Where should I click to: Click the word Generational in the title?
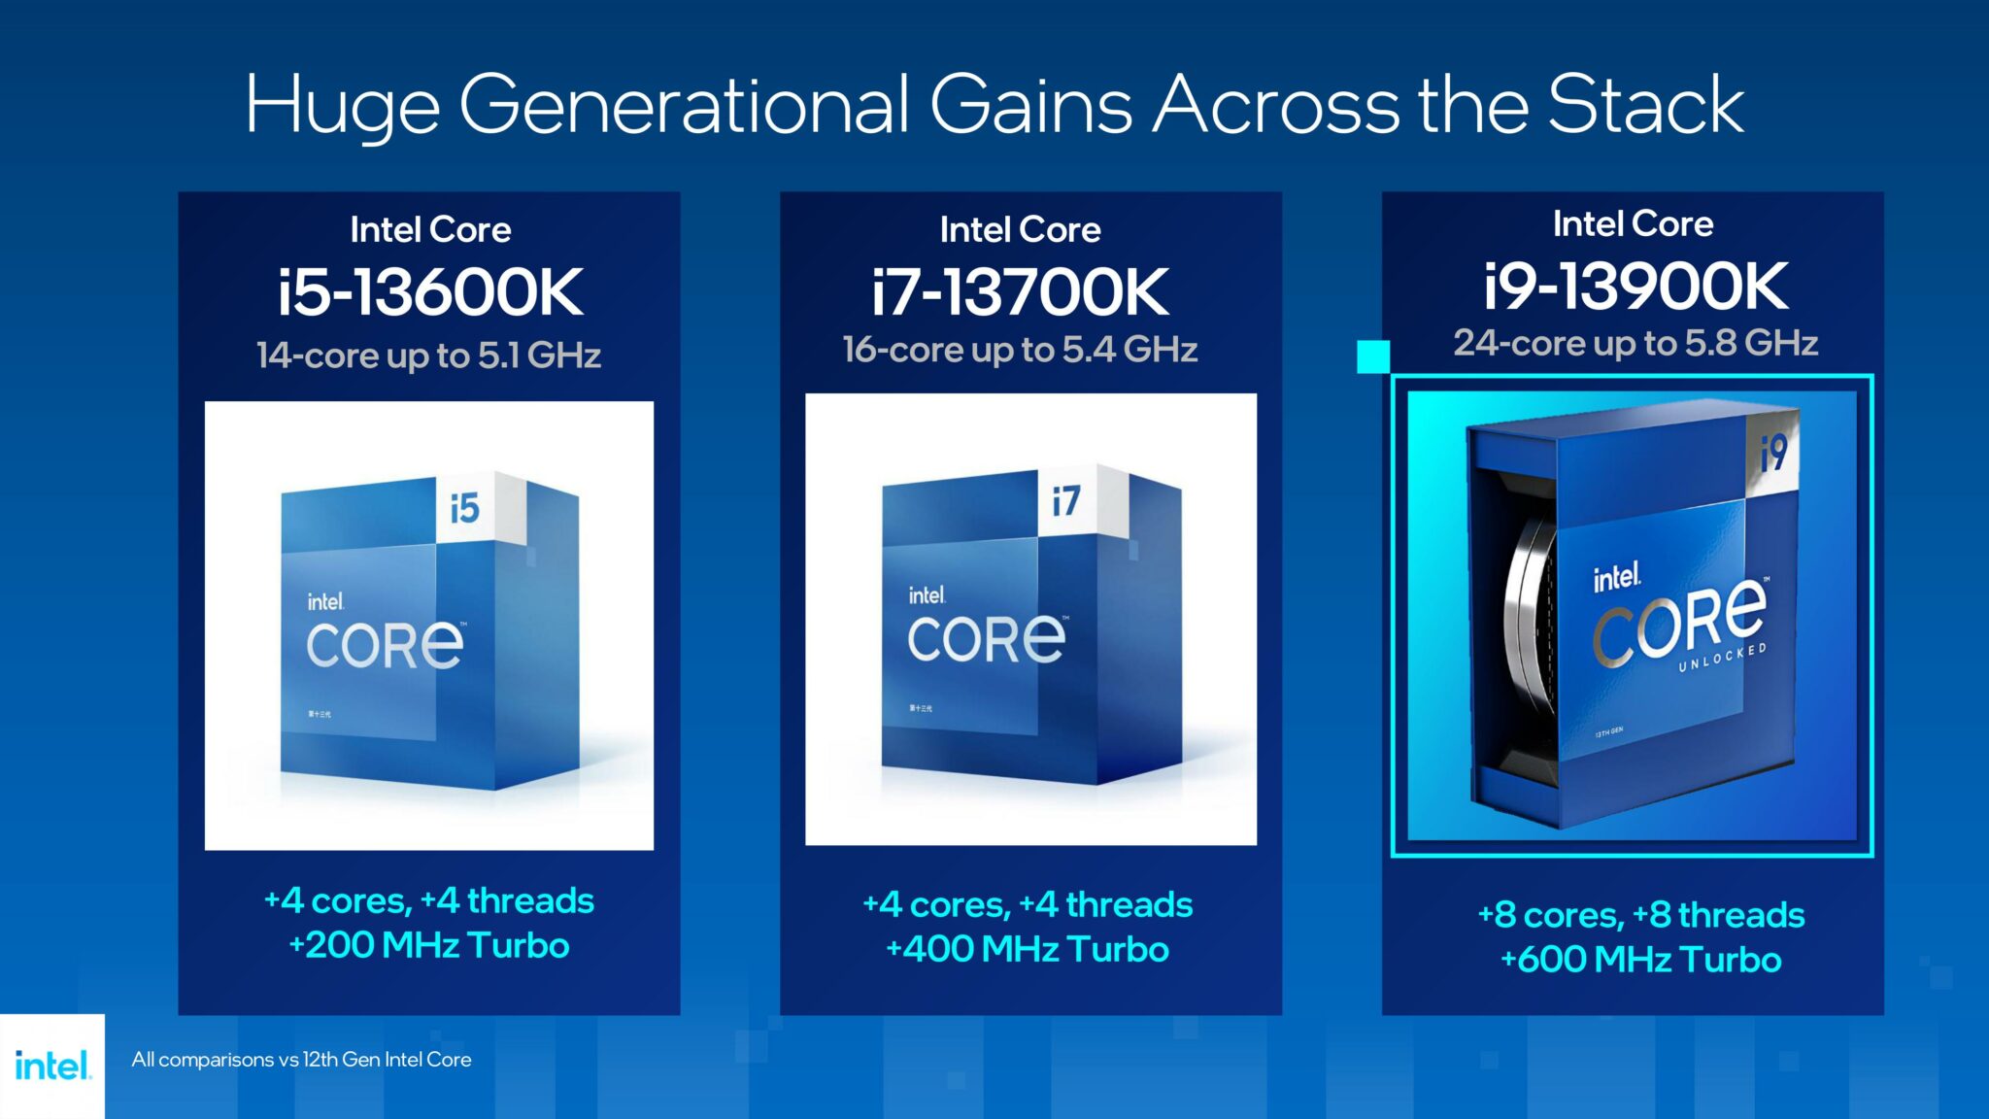(684, 105)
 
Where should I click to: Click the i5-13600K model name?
(430, 291)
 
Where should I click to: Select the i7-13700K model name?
(1020, 291)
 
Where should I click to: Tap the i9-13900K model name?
(1635, 286)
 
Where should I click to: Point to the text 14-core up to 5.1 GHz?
(428, 356)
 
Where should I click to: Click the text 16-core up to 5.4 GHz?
(1020, 350)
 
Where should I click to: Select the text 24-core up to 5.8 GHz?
(1635, 343)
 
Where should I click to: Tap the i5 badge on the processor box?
(465, 507)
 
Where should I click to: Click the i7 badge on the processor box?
(1065, 501)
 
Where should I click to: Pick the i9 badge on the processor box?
(1773, 452)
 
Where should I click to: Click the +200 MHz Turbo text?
(428, 945)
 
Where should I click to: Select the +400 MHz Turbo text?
(1028, 949)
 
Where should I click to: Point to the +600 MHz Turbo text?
(1640, 960)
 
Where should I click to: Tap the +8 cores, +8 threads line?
(1640, 915)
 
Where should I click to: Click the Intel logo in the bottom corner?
(52, 1066)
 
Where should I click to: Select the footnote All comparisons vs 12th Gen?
(301, 1060)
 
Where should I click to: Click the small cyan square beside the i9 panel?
(1372, 356)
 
